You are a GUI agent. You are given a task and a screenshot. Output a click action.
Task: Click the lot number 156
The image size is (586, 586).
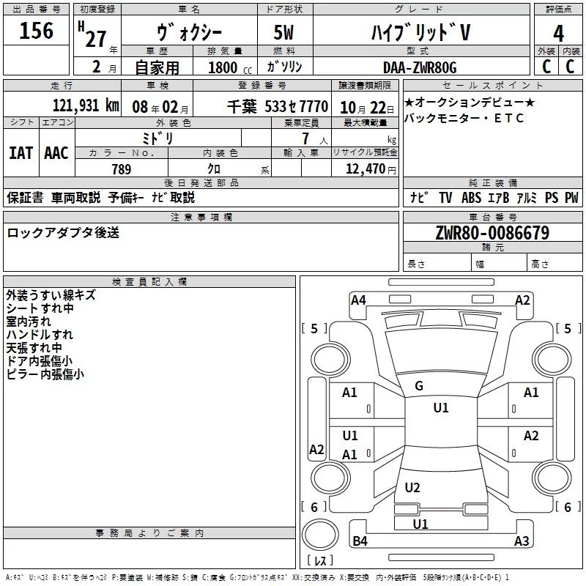[37, 31]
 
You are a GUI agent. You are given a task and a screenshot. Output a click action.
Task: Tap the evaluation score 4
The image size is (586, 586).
[558, 33]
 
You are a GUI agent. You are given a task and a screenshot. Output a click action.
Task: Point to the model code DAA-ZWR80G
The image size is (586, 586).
[420, 67]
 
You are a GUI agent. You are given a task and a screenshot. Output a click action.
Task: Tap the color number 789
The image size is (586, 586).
[122, 169]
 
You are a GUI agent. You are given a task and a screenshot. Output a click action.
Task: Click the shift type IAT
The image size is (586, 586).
[21, 153]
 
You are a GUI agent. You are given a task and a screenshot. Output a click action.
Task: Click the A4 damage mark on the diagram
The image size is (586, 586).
[358, 300]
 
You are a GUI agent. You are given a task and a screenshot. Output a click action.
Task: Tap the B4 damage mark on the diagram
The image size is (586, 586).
[360, 541]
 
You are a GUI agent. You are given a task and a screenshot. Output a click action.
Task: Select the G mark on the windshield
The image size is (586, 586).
[419, 386]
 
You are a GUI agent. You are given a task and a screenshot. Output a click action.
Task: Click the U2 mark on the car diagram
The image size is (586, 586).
[412, 487]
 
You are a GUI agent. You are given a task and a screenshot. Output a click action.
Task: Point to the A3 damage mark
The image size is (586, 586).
[522, 541]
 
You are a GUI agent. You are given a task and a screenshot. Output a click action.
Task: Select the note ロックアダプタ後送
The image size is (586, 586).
[63, 233]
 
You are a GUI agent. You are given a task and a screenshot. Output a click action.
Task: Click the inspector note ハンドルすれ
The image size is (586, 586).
[40, 335]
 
